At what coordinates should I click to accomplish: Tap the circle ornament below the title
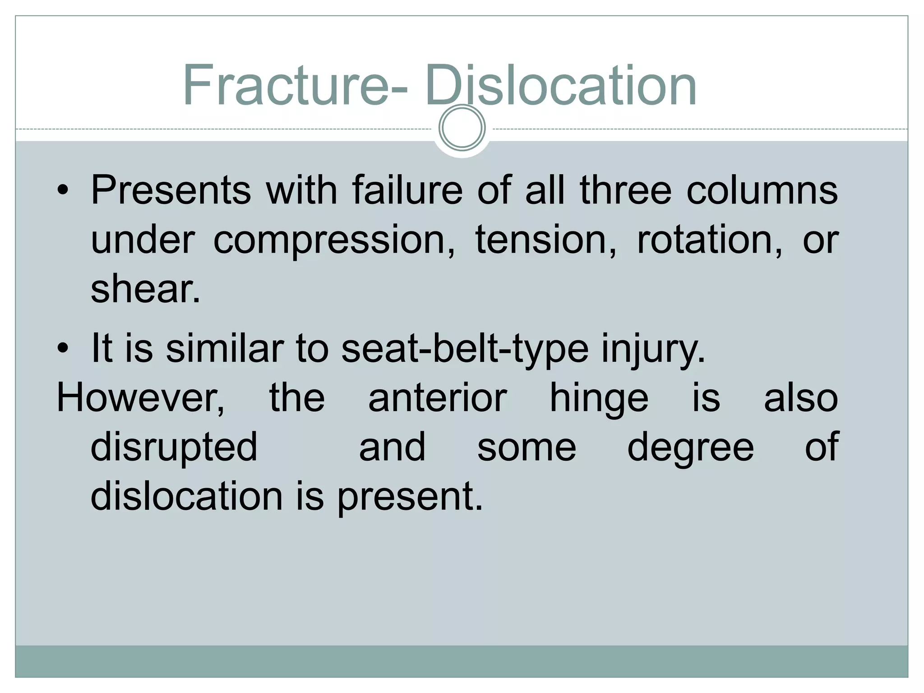(462, 128)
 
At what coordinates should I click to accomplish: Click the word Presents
(171, 190)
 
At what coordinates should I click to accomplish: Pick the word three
(625, 190)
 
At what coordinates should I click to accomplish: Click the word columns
(762, 190)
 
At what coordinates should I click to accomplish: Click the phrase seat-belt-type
(465, 349)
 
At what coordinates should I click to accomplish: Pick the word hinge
(599, 399)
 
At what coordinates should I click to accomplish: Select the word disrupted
(174, 448)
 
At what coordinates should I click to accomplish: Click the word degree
(690, 448)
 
